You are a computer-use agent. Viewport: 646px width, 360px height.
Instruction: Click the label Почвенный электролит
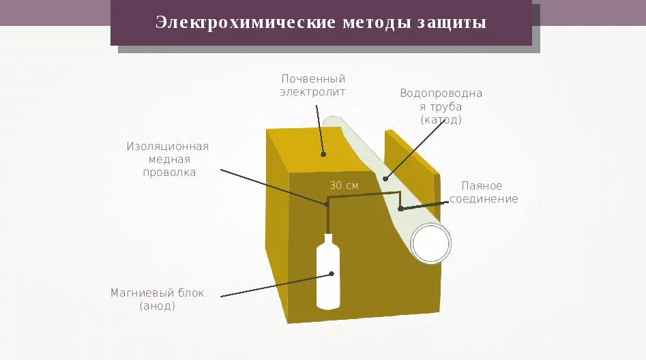click(x=313, y=86)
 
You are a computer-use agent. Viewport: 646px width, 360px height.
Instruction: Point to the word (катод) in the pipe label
click(x=441, y=120)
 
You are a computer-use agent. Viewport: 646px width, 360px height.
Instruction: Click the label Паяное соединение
click(x=483, y=192)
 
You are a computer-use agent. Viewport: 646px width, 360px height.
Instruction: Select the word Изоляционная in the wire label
click(x=167, y=146)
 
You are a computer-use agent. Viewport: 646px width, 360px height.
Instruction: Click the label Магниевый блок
click(x=157, y=293)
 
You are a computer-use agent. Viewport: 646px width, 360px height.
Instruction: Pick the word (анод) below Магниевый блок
click(x=157, y=306)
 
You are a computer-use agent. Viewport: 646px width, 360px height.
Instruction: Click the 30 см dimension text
click(x=344, y=185)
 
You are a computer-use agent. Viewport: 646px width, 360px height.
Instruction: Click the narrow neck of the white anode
click(x=328, y=240)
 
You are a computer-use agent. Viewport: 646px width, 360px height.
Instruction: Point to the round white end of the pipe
click(x=430, y=242)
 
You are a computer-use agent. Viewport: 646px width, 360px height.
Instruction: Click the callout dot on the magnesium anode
click(x=332, y=274)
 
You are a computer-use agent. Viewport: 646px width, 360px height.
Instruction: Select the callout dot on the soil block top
click(x=323, y=154)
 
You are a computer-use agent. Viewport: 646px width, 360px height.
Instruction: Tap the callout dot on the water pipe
click(x=385, y=179)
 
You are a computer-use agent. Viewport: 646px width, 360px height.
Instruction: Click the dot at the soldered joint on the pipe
click(x=400, y=209)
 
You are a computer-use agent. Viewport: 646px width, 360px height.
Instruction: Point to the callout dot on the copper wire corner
click(x=327, y=203)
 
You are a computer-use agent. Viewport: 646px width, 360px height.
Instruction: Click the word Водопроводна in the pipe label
click(x=441, y=93)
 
